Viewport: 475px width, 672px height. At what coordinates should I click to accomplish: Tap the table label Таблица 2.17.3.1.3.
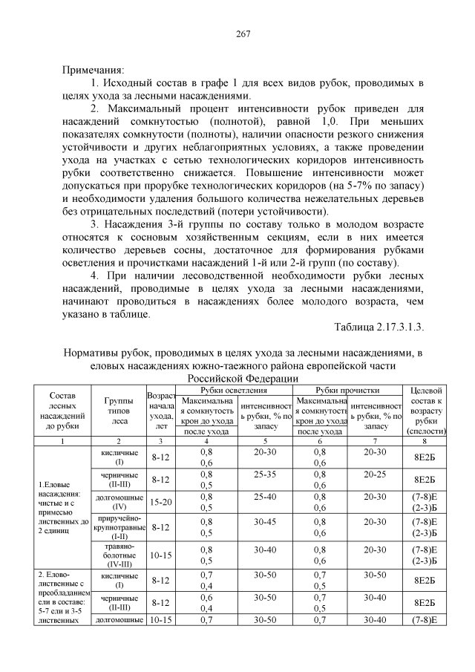click(x=379, y=327)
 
